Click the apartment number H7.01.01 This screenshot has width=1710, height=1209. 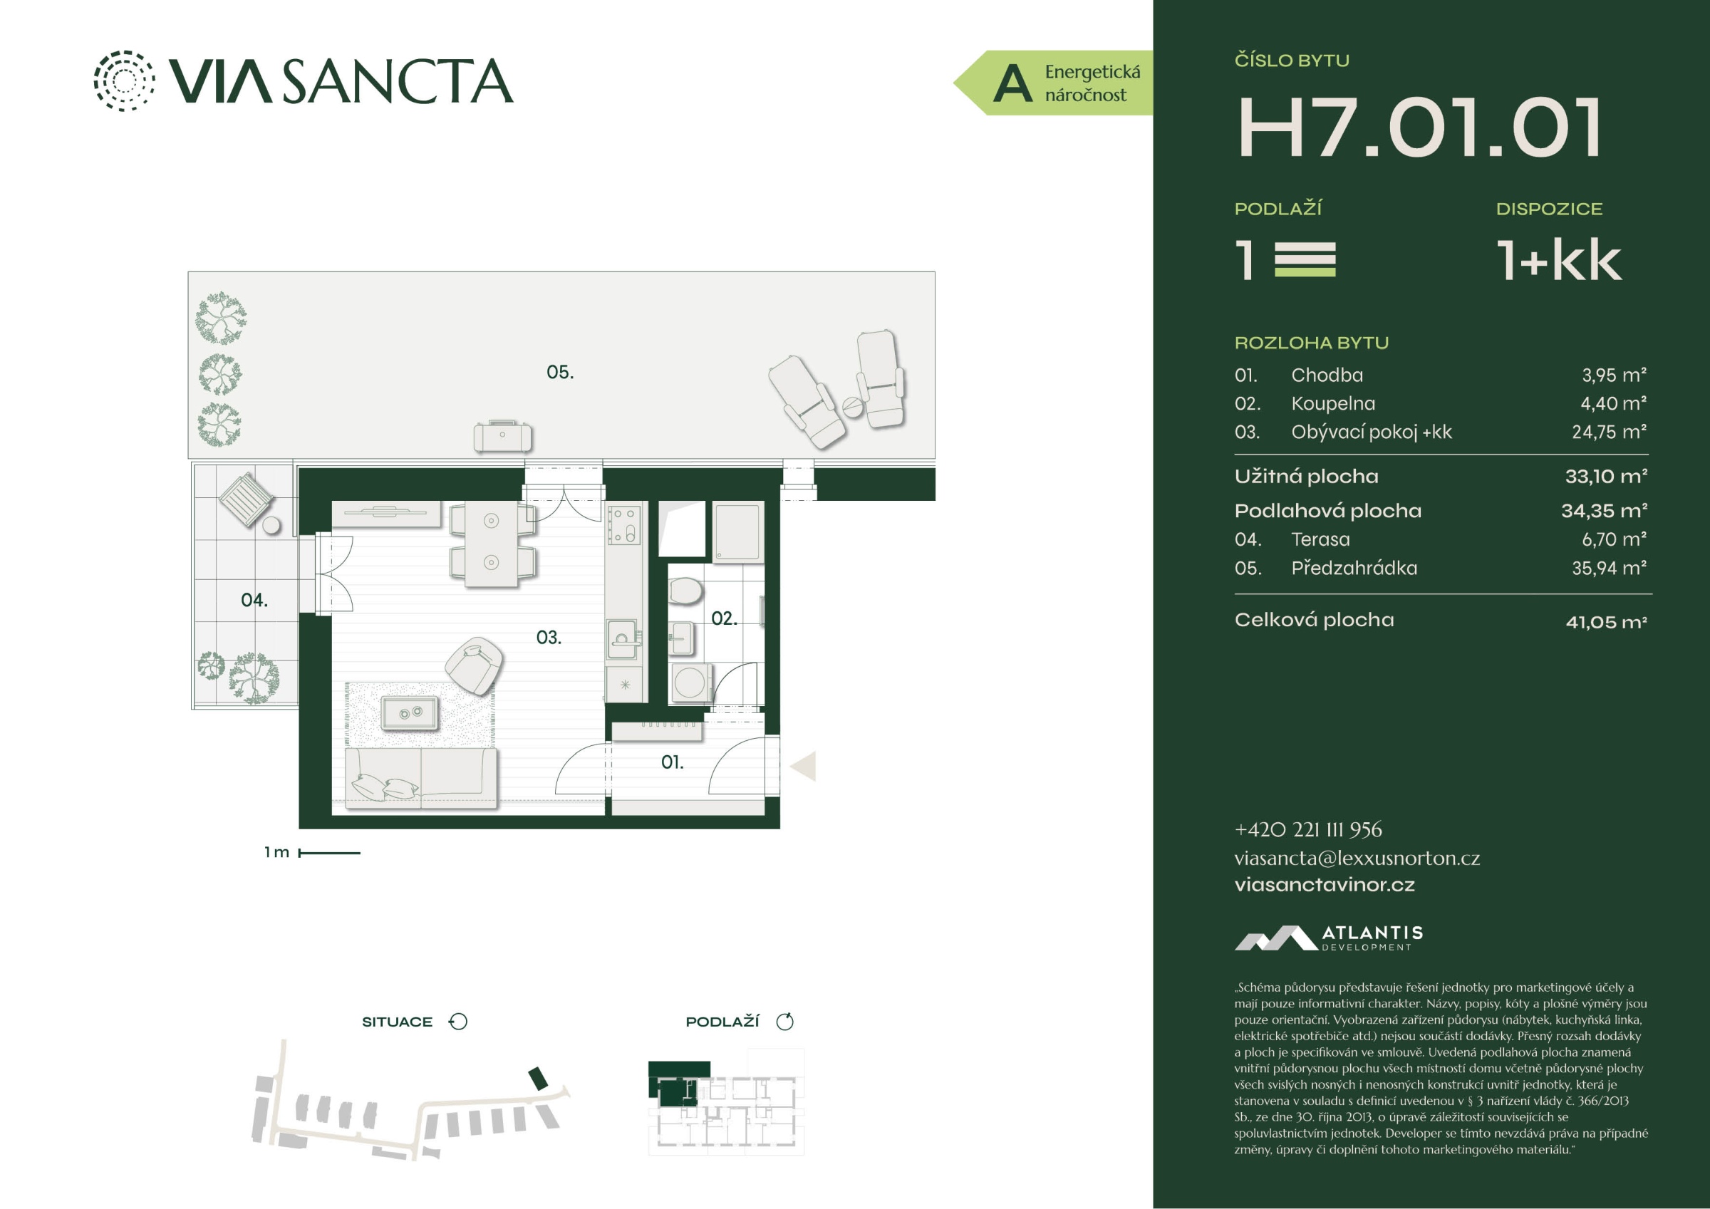(1419, 128)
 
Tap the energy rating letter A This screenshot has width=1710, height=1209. (1012, 83)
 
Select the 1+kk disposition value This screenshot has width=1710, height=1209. (1559, 260)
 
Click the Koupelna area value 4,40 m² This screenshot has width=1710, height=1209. (1613, 403)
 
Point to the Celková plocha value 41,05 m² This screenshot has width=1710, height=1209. (1607, 621)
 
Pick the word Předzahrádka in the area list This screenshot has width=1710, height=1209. (1354, 568)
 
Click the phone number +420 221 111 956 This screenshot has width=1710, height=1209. (1308, 829)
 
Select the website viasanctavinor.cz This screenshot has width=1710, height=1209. (1325, 884)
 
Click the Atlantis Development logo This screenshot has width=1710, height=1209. (1329, 938)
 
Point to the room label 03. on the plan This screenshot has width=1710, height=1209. (549, 638)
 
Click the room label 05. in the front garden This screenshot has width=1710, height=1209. (560, 372)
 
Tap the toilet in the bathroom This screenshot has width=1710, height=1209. (685, 592)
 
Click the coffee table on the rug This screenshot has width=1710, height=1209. (410, 713)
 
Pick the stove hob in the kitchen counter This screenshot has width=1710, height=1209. (624, 524)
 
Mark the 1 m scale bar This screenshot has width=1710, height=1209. (329, 853)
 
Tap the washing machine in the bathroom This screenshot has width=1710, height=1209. (690, 683)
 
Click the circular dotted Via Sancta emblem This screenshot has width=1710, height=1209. (125, 81)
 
